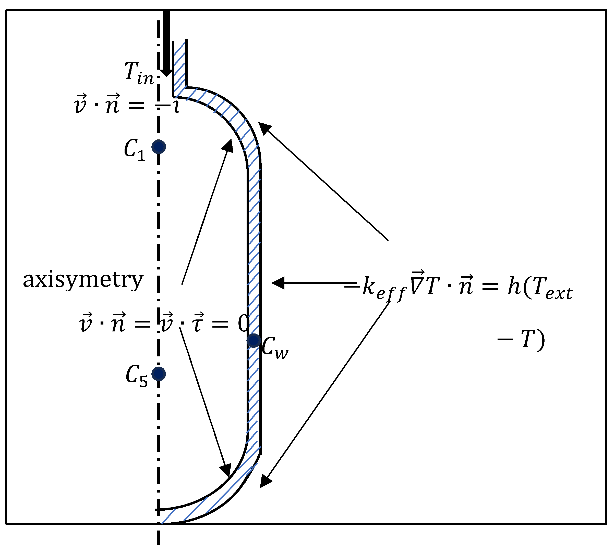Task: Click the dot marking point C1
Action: pyautogui.click(x=159, y=147)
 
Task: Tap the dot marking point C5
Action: pyautogui.click(x=159, y=374)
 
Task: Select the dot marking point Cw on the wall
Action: pyautogui.click(x=254, y=340)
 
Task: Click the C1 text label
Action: pyautogui.click(x=135, y=150)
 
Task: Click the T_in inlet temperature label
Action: pyautogui.click(x=139, y=73)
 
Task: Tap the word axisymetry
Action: pyautogui.click(x=83, y=280)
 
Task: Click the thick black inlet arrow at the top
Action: pyautogui.click(x=166, y=43)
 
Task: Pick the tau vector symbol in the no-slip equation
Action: pyautogui.click(x=199, y=323)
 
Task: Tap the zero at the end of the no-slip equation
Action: pyautogui.click(x=243, y=324)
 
